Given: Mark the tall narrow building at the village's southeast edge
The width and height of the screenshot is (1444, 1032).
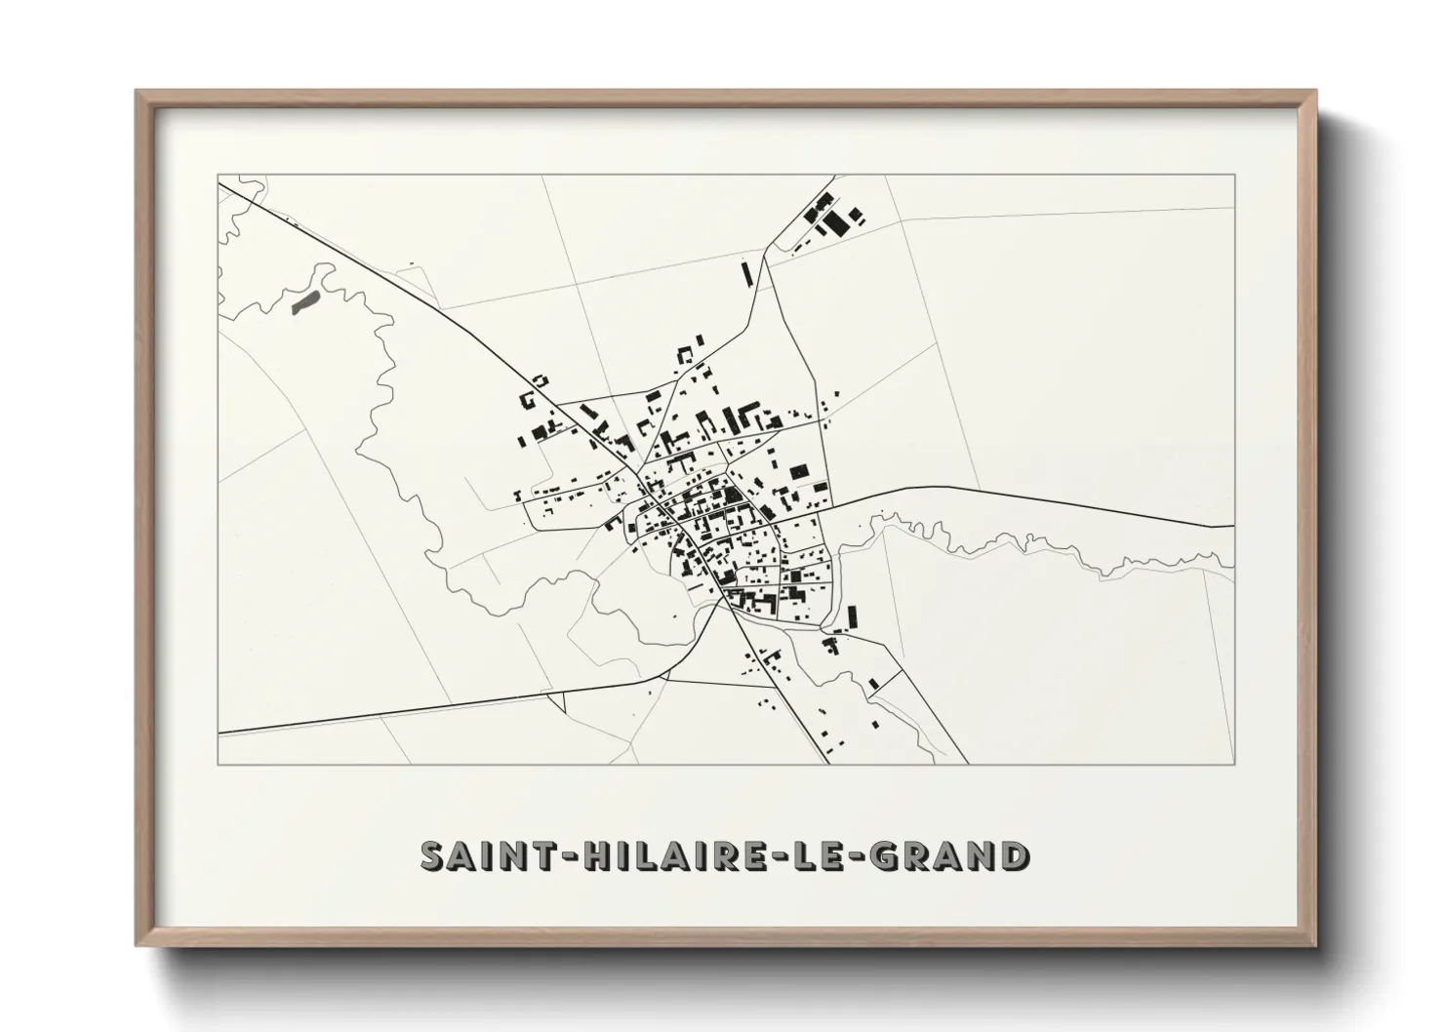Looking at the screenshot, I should (x=852, y=617).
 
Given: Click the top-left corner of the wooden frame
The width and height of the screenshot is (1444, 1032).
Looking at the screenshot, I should (x=137, y=92).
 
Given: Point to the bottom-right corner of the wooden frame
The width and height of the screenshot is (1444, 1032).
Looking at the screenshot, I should (x=1315, y=945).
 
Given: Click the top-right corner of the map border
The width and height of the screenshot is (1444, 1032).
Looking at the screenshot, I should (x=1234, y=175).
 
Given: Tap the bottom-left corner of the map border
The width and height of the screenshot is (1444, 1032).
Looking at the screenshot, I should (x=219, y=764).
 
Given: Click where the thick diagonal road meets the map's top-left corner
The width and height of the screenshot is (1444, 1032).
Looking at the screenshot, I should (x=221, y=182).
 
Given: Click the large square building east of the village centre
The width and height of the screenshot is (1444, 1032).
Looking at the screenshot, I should (x=800, y=472).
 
